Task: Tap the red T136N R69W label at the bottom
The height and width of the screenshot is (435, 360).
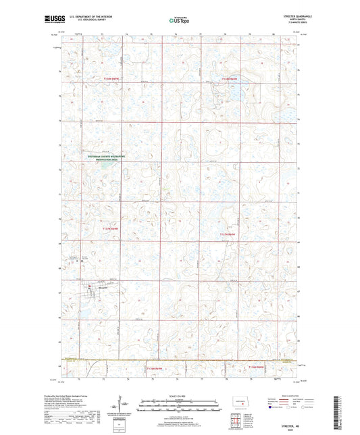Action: click(156, 369)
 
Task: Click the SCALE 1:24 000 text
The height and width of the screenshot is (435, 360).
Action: click(179, 396)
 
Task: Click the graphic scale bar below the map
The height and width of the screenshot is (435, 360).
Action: click(179, 407)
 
